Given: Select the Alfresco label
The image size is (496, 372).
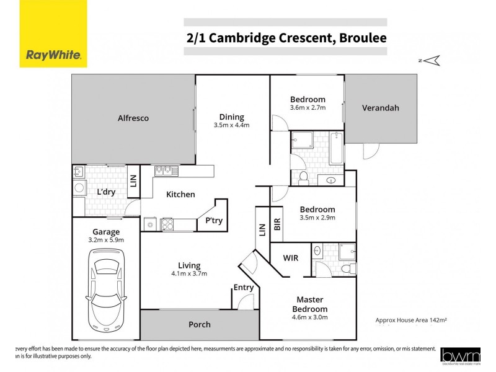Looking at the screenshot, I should (x=133, y=118).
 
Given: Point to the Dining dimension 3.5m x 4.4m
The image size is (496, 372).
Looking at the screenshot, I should (x=231, y=125).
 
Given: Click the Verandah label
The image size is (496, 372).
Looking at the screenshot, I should (x=381, y=108).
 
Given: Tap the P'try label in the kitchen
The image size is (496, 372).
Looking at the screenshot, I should (x=214, y=221).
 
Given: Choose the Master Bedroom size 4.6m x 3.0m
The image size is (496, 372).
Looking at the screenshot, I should (x=310, y=317).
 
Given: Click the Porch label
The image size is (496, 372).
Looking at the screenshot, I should (x=199, y=324).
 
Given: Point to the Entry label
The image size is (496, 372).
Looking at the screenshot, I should (x=243, y=287).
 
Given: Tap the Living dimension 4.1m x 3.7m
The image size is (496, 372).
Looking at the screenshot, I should (x=190, y=273).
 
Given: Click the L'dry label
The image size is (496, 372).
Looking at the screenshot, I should (x=107, y=192).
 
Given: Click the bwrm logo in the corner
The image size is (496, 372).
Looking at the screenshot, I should (x=461, y=355).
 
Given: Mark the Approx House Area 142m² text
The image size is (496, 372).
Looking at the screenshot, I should (x=411, y=320).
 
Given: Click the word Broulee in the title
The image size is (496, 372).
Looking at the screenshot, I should (x=362, y=38).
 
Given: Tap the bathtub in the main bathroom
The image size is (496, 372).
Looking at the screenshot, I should (x=336, y=148).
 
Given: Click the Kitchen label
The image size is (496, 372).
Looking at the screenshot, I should (x=180, y=195).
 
